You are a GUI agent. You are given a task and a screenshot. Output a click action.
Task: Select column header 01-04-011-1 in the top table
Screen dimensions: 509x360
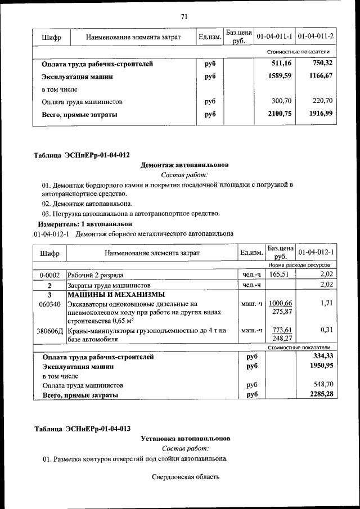[274, 37]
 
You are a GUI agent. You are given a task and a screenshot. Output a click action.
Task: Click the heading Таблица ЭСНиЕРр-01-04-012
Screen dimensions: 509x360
[82, 155]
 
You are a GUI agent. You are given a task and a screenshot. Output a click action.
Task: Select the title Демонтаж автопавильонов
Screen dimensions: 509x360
[184, 165]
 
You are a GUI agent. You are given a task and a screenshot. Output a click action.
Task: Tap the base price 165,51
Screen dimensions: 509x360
[280, 274]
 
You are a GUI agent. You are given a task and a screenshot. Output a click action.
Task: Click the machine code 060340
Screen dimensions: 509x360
[49, 304]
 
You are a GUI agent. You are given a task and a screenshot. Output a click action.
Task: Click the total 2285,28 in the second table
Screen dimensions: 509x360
[321, 395]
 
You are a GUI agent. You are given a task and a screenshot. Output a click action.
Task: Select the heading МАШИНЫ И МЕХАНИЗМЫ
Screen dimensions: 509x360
[116, 295]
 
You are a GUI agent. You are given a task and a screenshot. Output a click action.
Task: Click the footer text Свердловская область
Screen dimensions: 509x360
[185, 478]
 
